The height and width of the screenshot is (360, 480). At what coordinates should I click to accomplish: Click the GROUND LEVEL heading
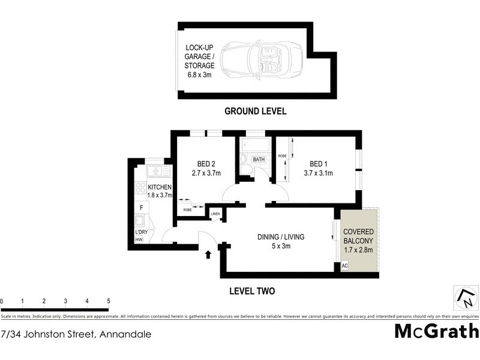point(255,111)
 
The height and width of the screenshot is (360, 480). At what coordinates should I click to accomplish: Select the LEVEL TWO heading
point(252,292)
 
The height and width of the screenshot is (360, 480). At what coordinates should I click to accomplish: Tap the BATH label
point(259,160)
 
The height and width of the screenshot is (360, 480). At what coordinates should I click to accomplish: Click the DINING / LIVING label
point(281,237)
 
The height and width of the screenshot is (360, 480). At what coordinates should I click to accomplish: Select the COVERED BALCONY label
point(359,236)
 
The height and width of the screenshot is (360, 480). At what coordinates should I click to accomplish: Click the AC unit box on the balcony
point(344,266)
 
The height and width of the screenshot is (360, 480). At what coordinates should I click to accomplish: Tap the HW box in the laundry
point(139,240)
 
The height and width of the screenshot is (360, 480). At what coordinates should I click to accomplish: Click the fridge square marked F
point(141,208)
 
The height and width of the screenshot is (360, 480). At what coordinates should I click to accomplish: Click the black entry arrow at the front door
point(208,254)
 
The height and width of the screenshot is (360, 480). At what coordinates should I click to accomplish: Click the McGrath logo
point(436,331)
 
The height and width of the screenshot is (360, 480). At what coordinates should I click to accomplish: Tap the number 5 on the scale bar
point(109,301)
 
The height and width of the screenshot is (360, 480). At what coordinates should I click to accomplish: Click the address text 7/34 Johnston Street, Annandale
point(76,334)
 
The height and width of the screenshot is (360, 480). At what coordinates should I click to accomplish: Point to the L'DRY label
point(142,232)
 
